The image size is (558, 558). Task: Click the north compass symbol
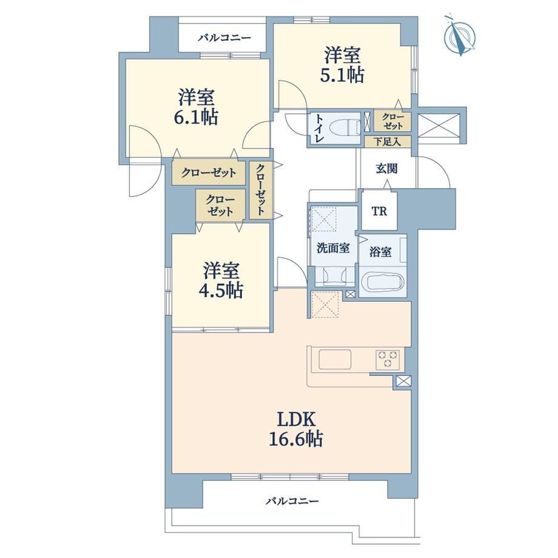tap(460, 36)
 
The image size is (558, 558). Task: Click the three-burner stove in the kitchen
tap(388, 360)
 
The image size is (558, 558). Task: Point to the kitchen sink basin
tap(335, 360)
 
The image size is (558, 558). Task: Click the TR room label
tap(379, 212)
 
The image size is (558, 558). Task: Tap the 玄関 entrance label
tap(387, 169)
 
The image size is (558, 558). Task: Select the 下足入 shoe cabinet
tap(388, 142)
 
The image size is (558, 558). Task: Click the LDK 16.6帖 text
tap(296, 430)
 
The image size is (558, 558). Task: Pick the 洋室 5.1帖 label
tap(342, 66)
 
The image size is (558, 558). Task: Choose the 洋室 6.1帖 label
tap(196, 107)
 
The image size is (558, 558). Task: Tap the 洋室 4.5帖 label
tap(221, 280)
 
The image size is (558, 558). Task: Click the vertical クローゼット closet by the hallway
tap(261, 190)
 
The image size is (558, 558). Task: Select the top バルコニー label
tap(224, 38)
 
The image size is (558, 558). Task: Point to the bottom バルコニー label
tap(292, 502)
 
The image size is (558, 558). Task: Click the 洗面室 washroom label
tap(333, 248)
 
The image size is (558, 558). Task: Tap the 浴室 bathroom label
tap(380, 252)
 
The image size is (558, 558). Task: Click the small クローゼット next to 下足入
tap(392, 121)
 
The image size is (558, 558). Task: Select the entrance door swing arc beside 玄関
tap(442, 167)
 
